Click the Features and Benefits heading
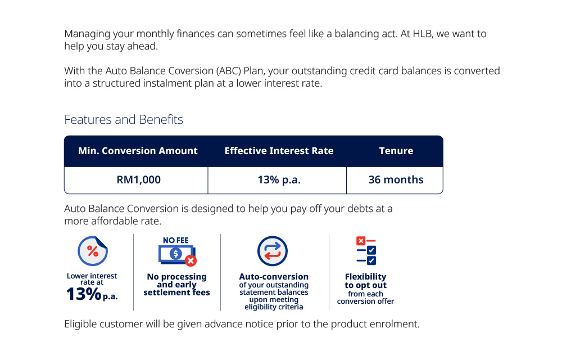[124, 120]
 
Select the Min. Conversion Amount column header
[138, 151]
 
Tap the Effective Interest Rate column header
[279, 151]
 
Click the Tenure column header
[396, 151]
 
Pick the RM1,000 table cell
[138, 180]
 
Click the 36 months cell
[396, 180]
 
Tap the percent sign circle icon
[93, 251]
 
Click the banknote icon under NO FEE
[175, 254]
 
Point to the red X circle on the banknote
[191, 260]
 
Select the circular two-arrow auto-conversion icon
[273, 251]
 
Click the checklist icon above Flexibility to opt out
[366, 251]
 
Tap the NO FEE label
[175, 240]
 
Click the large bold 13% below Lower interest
[83, 294]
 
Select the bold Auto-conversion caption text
[274, 277]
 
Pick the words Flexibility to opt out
[365, 281]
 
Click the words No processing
[176, 277]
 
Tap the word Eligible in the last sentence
[80, 325]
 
